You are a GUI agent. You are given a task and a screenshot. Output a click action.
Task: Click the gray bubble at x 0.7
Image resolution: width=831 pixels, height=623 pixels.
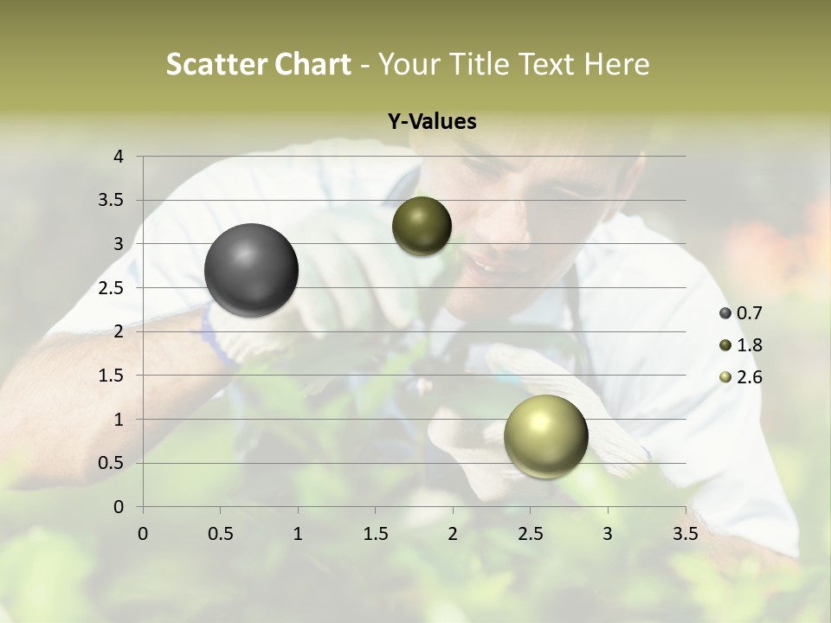point(252,270)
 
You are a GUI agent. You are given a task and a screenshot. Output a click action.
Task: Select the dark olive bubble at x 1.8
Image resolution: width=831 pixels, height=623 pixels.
point(422,226)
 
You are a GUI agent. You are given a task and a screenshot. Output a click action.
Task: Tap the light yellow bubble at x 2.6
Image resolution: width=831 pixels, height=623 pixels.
point(545,436)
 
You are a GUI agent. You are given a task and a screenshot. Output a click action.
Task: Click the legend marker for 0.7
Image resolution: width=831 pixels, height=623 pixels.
point(725,313)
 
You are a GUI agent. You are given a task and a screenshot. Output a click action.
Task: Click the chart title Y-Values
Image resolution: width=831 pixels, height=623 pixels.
point(432,122)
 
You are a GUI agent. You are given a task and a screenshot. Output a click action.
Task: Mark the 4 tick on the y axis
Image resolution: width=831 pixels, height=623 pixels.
point(119,157)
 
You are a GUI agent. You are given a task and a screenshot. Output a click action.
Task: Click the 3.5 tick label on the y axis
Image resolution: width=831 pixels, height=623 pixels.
point(113,200)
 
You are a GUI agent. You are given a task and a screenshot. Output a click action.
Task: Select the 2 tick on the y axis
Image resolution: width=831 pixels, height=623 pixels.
point(119,331)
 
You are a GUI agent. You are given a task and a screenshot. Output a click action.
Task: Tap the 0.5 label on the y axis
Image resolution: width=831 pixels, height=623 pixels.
point(113,463)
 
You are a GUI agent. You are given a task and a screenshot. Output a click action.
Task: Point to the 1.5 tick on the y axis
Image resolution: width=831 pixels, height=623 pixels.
point(113,376)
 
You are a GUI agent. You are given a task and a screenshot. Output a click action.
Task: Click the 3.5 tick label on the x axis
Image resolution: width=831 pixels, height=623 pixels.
point(686,534)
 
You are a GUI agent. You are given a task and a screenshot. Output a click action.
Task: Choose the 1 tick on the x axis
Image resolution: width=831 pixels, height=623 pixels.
point(298,534)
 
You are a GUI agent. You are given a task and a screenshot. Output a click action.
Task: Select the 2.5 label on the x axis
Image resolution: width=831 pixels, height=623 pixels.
point(530,534)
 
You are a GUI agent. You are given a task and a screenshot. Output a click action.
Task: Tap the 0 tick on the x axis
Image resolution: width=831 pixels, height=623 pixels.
point(143,534)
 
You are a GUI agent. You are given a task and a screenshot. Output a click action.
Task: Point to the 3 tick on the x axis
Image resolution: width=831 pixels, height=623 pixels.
point(608,534)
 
